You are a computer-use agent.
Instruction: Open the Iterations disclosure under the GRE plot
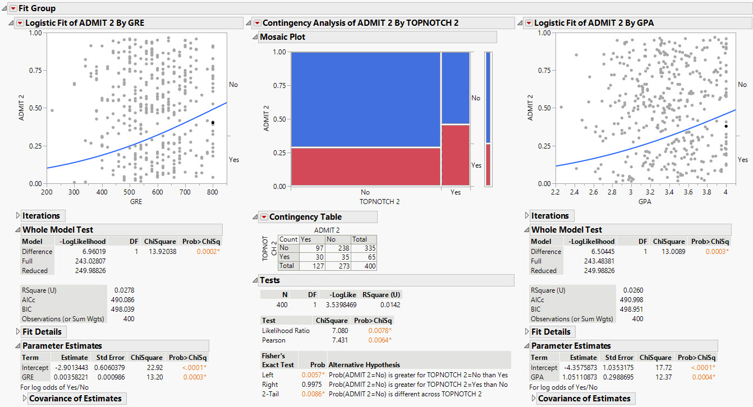point(17,216)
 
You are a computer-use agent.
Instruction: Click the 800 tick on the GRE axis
point(213,192)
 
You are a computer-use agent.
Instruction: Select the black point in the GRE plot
point(213,122)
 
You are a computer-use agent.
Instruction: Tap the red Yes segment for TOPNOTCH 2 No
point(366,166)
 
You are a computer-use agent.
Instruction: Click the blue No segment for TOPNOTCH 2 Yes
point(455,87)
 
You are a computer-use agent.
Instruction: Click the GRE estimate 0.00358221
point(70,377)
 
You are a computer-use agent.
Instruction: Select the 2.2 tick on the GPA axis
point(555,192)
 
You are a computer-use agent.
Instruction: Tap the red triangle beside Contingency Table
point(264,217)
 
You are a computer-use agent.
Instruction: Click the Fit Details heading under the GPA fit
point(550,332)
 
